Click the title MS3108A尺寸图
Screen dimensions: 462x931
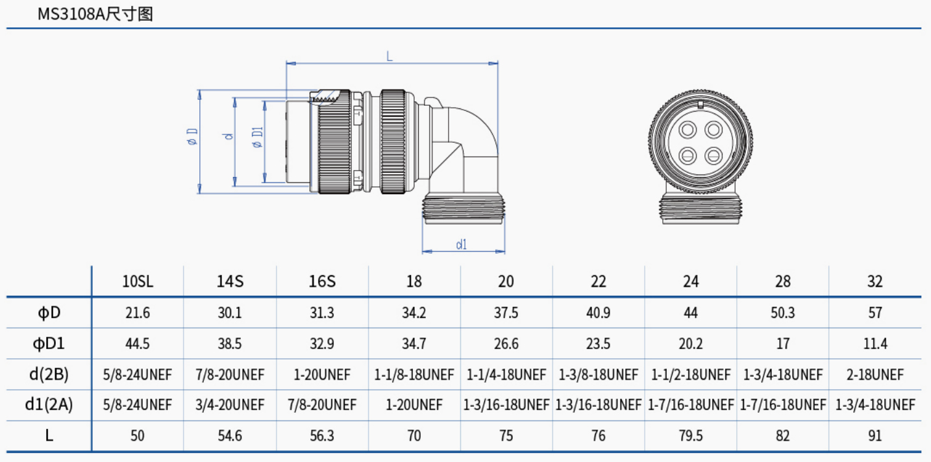click(x=95, y=14)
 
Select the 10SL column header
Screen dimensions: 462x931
click(x=138, y=281)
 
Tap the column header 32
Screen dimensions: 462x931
click(x=875, y=281)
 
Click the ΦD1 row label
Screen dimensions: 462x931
click(x=49, y=343)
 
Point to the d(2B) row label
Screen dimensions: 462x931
click(x=49, y=374)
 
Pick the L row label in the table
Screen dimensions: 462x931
click(x=49, y=435)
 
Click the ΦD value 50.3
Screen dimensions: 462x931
click(x=782, y=313)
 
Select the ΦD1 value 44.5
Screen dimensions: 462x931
click(x=138, y=343)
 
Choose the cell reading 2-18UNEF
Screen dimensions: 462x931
click(x=875, y=374)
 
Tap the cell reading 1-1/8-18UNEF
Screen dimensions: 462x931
click(x=414, y=374)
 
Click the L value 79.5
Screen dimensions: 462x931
click(x=690, y=435)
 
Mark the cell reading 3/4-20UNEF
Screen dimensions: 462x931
click(x=230, y=405)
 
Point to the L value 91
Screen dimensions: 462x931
click(x=875, y=435)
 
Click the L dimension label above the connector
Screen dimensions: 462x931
click(x=390, y=56)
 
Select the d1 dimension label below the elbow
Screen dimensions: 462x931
click(x=462, y=245)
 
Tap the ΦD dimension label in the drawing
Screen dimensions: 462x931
click(x=192, y=137)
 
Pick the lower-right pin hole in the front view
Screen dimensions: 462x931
click(x=714, y=156)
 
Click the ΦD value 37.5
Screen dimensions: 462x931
click(x=506, y=313)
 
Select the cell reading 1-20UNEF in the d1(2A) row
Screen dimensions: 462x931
click(x=414, y=405)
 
